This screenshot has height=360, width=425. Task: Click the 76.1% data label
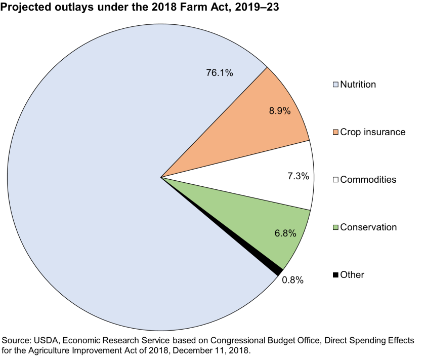coord(219,73)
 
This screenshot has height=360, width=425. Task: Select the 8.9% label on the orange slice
coord(279,111)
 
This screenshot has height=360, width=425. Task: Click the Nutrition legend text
coord(358,85)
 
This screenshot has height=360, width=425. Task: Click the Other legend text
coord(352,275)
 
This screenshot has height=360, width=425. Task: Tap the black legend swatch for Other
coord(335,275)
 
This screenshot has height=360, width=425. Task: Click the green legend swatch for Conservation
coord(335,227)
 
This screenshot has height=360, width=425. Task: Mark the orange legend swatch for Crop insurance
coord(335,132)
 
